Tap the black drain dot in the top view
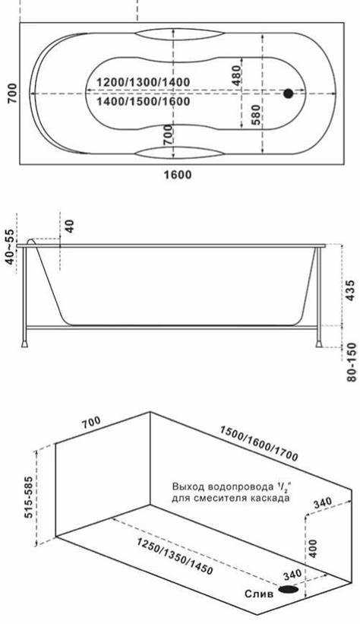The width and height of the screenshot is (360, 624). (289, 94)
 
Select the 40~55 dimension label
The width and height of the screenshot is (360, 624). (9, 246)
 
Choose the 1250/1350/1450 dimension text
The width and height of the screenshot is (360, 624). (175, 556)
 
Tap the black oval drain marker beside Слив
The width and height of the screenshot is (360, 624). (289, 589)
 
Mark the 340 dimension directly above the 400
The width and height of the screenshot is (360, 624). (321, 502)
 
